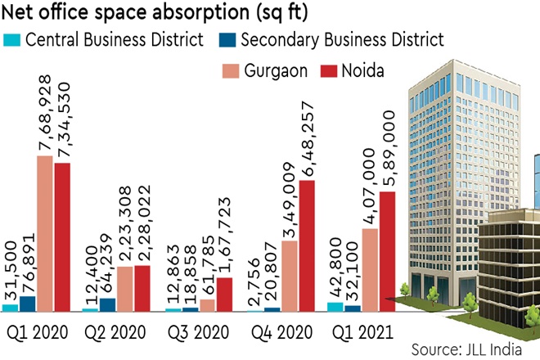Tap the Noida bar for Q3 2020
point(224,295)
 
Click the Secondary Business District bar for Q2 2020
point(107,305)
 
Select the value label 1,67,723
point(224,236)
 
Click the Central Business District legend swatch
point(12,38)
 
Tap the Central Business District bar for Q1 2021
point(335,307)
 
